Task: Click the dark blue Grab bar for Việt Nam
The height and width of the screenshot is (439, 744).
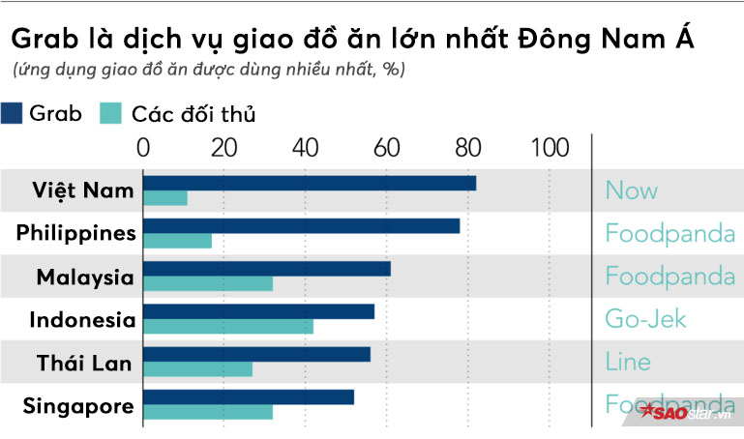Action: [x=310, y=183]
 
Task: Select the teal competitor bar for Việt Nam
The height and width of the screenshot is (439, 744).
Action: [x=165, y=198]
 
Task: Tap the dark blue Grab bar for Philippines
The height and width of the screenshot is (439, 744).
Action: [x=302, y=225]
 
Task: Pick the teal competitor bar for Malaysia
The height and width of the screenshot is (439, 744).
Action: [x=208, y=283]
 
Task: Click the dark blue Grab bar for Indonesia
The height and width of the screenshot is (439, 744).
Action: [x=259, y=311]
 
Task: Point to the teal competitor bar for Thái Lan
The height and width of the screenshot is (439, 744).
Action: [x=198, y=368]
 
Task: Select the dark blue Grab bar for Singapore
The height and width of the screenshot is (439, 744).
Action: [x=249, y=396]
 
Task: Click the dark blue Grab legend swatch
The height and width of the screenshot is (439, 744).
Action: [x=12, y=113]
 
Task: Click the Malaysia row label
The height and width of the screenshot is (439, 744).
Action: [x=85, y=278]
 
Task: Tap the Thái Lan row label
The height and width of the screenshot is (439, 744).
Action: [x=85, y=363]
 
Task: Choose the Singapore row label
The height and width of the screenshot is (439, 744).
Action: [x=78, y=406]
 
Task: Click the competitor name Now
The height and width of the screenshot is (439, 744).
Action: [x=632, y=190]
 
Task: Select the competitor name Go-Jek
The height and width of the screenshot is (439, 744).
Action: [x=645, y=319]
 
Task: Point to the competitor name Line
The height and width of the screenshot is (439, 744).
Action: [x=628, y=363]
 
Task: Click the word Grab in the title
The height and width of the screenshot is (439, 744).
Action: [x=41, y=43]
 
